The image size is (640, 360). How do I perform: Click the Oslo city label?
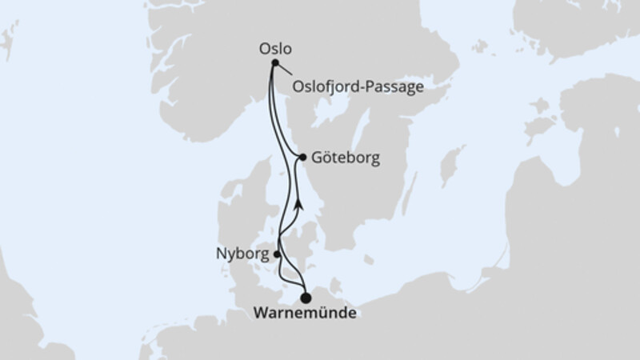pos(274,48)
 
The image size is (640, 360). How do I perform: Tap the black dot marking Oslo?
pos(275,62)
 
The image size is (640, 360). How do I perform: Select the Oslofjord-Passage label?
pos(358,86)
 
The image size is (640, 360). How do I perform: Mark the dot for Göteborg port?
pos(302,157)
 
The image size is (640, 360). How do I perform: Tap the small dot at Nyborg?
pos(277,254)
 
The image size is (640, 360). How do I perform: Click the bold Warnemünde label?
pos(305,313)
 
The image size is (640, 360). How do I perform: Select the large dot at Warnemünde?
pos(306,298)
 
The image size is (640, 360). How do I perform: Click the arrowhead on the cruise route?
pos(298,203)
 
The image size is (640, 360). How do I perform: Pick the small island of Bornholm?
pos(369,259)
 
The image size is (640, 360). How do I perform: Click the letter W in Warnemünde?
pos(260,313)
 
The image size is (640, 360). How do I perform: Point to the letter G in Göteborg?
pos(320,158)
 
